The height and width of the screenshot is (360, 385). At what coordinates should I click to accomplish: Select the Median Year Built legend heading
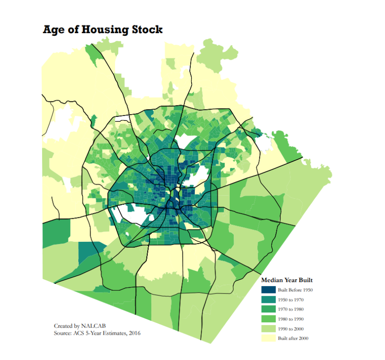point(287,280)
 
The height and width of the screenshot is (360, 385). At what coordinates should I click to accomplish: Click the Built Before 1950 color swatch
point(268,290)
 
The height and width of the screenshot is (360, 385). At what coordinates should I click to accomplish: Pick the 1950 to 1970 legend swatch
point(268,300)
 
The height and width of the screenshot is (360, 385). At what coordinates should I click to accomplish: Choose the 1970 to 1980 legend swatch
point(268,309)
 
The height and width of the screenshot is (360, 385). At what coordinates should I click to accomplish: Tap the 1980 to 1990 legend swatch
point(268,319)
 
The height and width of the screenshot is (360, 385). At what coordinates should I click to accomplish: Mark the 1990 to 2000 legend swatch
point(268,329)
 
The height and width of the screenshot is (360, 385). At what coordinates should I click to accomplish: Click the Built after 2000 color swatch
point(268,338)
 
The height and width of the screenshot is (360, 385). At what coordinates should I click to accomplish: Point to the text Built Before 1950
point(295,290)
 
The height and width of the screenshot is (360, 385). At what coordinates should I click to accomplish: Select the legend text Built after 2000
point(293,338)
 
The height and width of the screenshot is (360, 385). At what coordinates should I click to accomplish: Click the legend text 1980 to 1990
point(290,319)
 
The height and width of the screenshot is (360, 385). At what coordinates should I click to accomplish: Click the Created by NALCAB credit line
point(80,326)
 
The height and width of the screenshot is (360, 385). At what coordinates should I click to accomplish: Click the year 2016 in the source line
point(135,333)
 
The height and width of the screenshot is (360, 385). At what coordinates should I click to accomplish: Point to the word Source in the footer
point(63,333)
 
